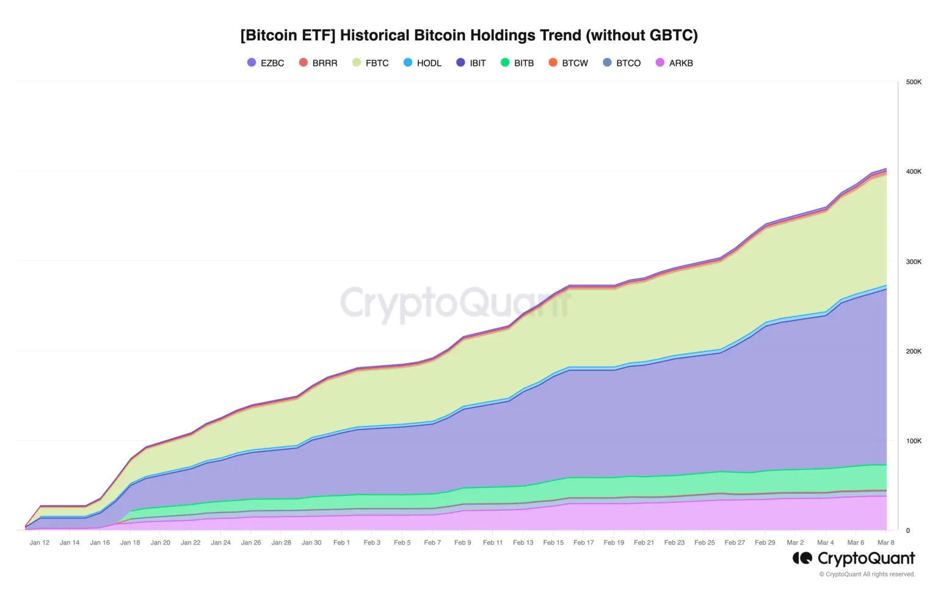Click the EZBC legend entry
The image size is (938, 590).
pyautogui.click(x=266, y=63)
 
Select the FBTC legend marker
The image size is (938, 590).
pyautogui.click(x=357, y=63)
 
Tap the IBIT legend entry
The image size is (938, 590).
pyautogui.click(x=471, y=63)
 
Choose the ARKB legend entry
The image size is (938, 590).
pyautogui.click(x=674, y=63)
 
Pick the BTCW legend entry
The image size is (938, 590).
pyautogui.click(x=568, y=63)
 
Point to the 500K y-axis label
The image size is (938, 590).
pyautogui.click(x=914, y=82)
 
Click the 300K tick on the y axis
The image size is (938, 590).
pyautogui.click(x=914, y=262)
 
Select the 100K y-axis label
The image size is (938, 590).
pyautogui.click(x=914, y=441)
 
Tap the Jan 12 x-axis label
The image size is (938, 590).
pyautogui.click(x=39, y=542)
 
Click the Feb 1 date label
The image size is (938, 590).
pyautogui.click(x=341, y=542)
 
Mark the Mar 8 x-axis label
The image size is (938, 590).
pyautogui.click(x=885, y=542)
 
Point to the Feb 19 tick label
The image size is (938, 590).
pyautogui.click(x=614, y=542)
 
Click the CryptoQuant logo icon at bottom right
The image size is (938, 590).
pyautogui.click(x=802, y=558)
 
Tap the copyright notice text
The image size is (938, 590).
pyautogui.click(x=867, y=574)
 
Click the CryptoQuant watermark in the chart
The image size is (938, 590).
pyautogui.click(x=455, y=303)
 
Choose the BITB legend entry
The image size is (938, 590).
pyautogui.click(x=517, y=63)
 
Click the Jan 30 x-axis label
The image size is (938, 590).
pyautogui.click(x=311, y=542)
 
